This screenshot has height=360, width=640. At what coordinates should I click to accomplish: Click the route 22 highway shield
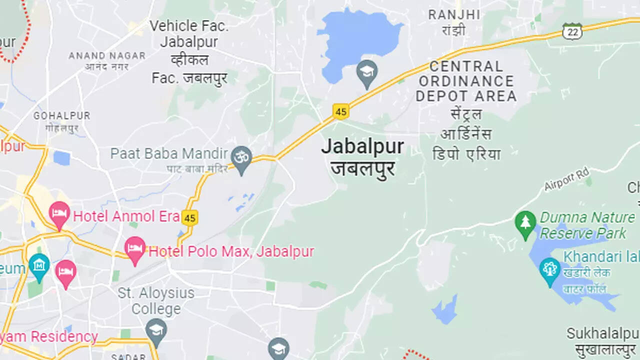(572, 31)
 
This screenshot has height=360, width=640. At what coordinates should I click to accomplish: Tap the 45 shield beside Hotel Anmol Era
(189, 217)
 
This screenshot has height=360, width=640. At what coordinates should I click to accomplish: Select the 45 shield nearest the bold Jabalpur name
(340, 111)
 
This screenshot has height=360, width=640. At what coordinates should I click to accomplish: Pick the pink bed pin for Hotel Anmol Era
(59, 214)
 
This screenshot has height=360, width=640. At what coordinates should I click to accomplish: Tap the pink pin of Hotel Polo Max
(135, 249)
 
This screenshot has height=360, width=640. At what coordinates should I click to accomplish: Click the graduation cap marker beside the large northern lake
(367, 73)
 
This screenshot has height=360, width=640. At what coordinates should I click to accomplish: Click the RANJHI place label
(454, 15)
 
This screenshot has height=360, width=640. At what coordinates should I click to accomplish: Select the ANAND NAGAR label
(107, 55)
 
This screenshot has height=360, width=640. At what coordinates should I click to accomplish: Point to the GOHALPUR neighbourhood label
(62, 116)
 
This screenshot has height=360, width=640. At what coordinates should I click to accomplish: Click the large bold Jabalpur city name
(362, 146)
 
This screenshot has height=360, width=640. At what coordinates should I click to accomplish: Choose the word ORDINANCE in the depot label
(466, 81)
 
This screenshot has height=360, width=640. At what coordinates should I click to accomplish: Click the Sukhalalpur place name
(603, 334)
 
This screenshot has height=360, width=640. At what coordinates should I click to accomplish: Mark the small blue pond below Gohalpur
(61, 158)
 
